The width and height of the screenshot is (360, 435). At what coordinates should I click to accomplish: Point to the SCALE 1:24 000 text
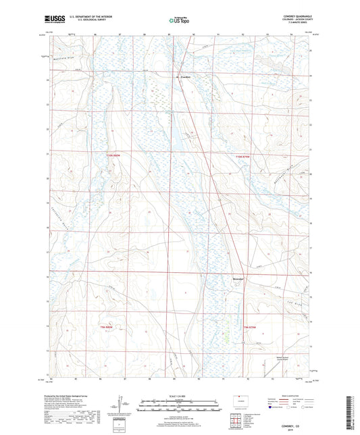tap(180, 396)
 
